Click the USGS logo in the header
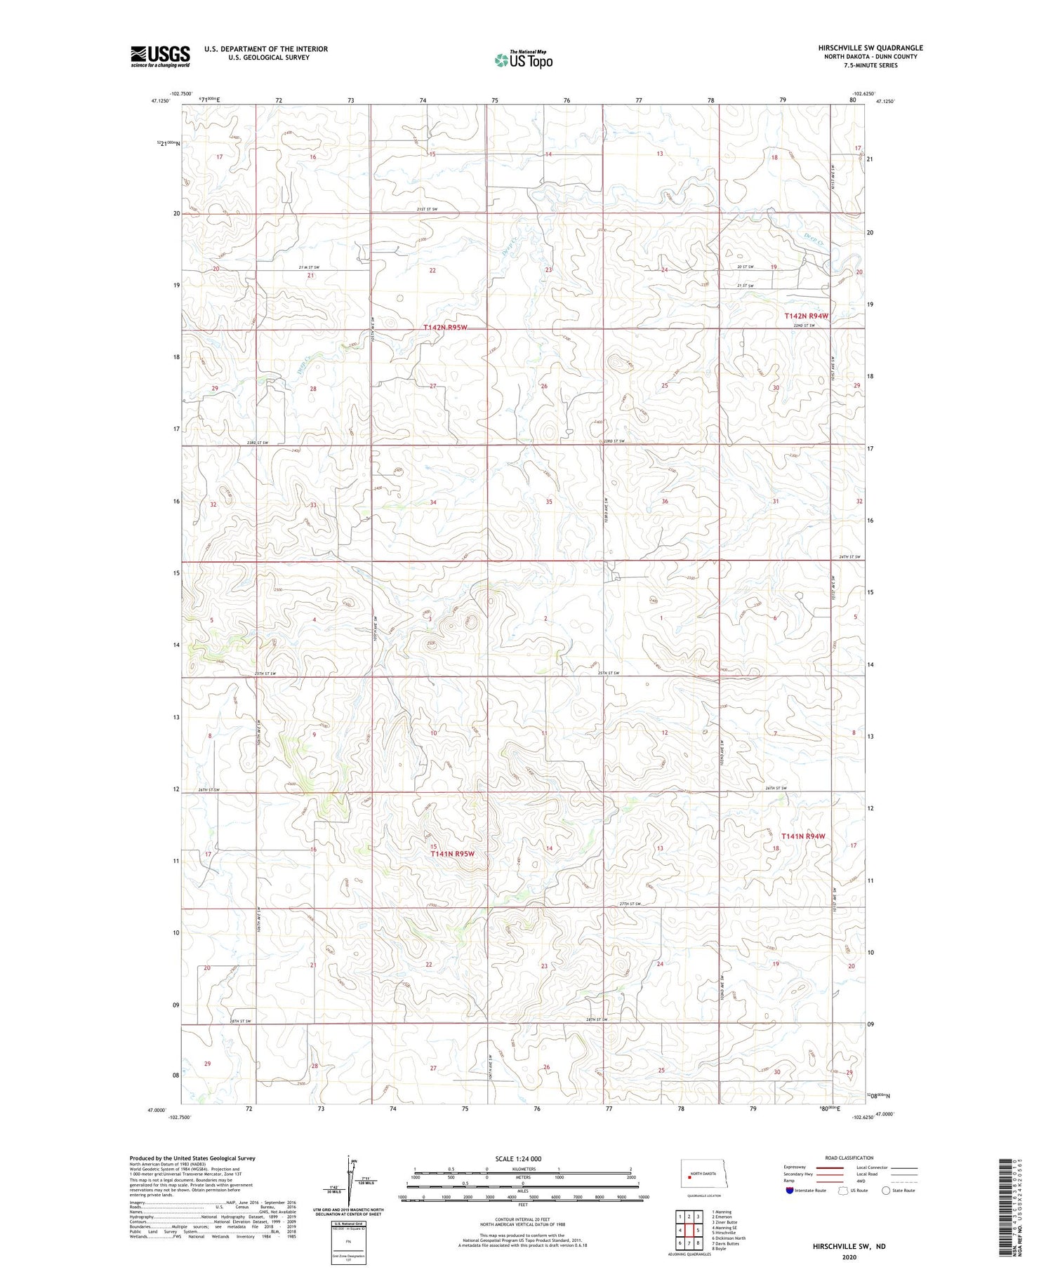160,56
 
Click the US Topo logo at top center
523,60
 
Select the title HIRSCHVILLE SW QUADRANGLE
870,48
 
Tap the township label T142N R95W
445,328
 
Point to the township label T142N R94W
806,316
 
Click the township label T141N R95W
453,854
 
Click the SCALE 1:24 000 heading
522,1159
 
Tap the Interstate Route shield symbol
790,1191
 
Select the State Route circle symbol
886,1191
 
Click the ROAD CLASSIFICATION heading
849,1158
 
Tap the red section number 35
549,502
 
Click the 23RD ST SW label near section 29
258,443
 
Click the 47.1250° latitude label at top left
159,101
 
